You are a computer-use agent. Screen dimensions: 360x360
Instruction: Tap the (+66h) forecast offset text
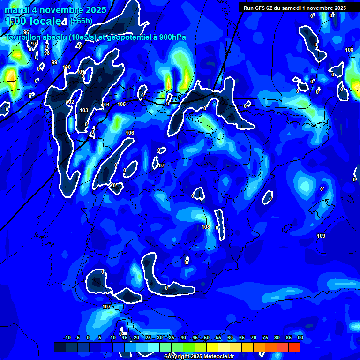point(81,21)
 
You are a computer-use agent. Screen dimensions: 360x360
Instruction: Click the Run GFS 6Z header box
point(294,7)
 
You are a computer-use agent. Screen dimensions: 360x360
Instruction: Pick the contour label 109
point(321,236)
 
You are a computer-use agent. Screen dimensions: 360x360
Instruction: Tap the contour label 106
point(130,133)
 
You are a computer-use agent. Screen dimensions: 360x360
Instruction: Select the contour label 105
point(121,104)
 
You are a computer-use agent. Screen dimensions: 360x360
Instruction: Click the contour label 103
point(84,111)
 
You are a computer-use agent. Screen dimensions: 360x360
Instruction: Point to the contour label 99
point(54,62)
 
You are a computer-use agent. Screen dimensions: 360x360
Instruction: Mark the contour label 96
point(26,45)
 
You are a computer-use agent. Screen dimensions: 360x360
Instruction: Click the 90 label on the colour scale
point(300,337)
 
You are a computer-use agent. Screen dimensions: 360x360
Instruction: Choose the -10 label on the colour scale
point(67,337)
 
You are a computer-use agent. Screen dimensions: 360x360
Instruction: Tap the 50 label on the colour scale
point(206,337)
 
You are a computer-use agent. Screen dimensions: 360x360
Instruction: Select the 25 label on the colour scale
point(148,337)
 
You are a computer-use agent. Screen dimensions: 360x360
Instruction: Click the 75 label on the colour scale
point(265,337)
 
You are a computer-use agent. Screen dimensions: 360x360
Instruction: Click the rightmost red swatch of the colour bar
point(294,347)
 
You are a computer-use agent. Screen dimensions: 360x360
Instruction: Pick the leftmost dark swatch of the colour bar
point(60,347)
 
